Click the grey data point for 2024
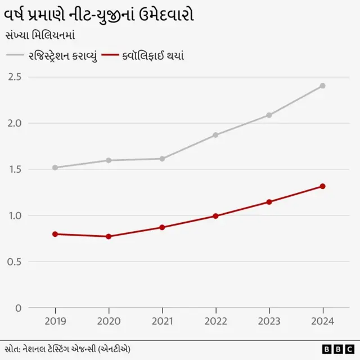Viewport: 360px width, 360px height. pos(323,86)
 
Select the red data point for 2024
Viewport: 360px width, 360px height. pos(323,186)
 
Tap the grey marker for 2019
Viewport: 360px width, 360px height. pos(55,168)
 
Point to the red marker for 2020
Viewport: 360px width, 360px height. pos(109,236)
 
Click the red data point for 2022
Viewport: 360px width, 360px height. pos(215,216)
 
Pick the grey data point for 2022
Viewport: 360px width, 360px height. pos(215,135)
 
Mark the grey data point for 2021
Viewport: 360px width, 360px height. pos(162,159)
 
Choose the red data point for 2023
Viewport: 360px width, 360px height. pos(269,202)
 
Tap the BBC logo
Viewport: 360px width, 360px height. pos(337,349)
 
